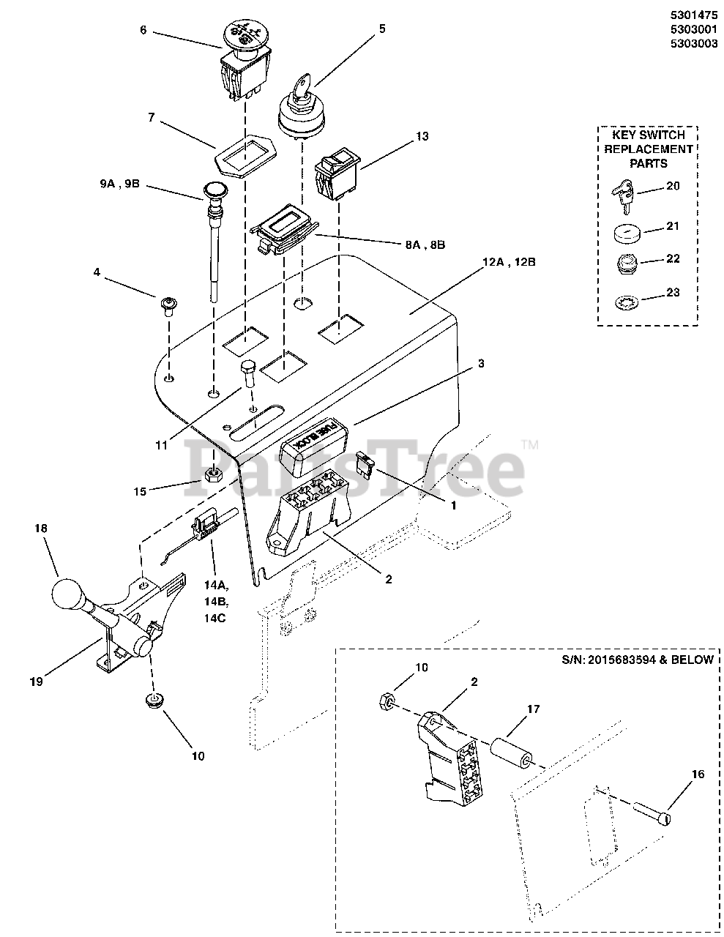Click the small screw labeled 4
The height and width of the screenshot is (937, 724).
point(169,304)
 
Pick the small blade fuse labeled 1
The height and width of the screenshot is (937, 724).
point(364,462)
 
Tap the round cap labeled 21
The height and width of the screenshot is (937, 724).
point(625,234)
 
